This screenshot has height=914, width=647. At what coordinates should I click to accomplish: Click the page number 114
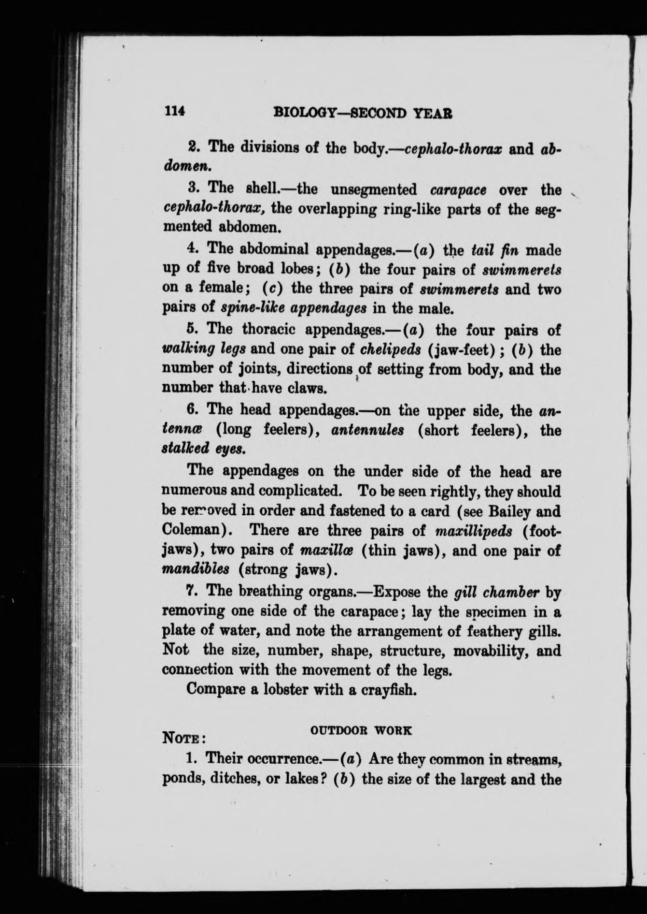(175, 112)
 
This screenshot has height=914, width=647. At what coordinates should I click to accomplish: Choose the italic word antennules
(367, 430)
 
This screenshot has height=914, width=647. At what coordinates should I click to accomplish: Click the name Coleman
(194, 530)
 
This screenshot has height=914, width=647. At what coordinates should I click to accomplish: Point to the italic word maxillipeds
(473, 530)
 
